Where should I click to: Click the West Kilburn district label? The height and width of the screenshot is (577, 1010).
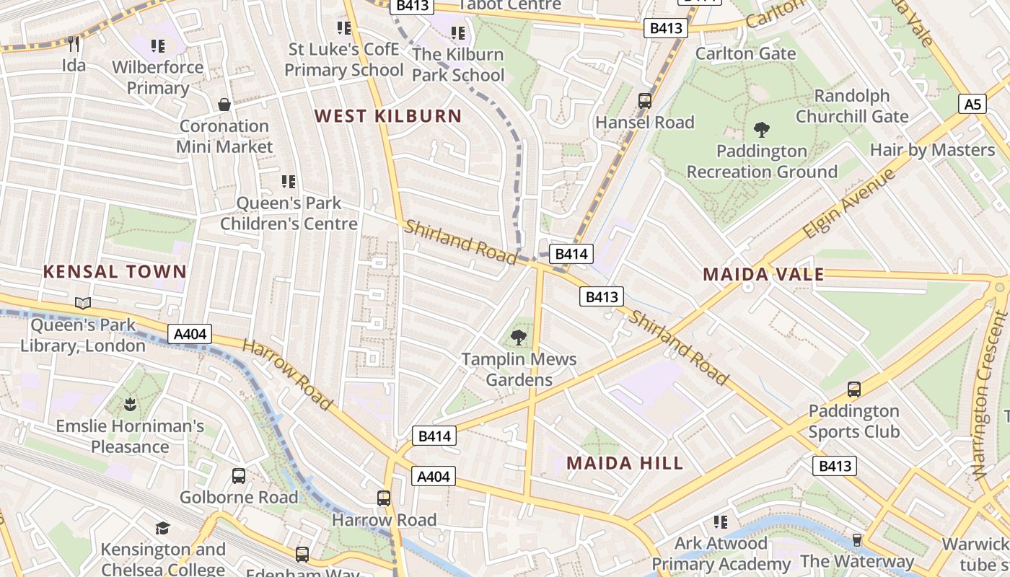(388, 116)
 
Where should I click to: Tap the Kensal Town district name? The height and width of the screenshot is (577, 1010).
(115, 272)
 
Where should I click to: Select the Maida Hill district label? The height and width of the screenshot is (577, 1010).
(625, 463)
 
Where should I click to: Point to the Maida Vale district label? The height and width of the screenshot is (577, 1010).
(763, 275)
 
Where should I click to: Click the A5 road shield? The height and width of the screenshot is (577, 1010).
(972, 105)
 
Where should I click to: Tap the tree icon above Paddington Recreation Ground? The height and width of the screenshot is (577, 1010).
(761, 130)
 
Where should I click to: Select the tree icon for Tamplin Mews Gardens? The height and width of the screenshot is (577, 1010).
(518, 337)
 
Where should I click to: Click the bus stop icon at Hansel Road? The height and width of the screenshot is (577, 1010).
(645, 101)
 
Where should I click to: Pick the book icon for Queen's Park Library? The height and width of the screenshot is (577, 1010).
(83, 304)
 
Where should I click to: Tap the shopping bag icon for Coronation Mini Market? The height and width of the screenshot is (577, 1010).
(225, 105)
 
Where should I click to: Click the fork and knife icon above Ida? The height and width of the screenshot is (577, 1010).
(74, 44)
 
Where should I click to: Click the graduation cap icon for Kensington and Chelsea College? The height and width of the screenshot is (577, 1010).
(163, 528)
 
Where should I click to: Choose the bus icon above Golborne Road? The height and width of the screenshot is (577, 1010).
(239, 476)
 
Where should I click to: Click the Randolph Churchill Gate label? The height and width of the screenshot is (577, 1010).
(852, 106)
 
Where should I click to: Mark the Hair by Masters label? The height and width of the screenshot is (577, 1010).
(932, 150)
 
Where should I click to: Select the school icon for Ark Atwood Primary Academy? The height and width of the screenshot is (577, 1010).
(720, 521)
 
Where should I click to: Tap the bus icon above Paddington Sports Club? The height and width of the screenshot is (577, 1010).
(854, 389)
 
